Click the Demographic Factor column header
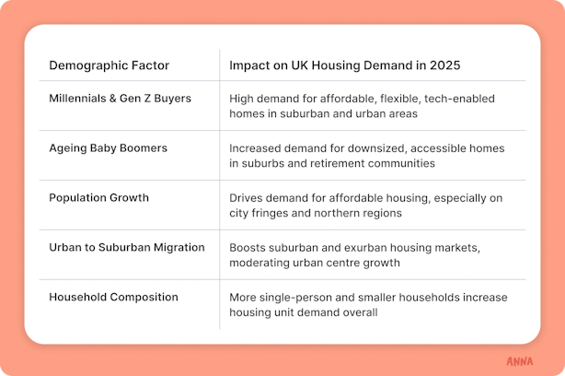(x=109, y=65)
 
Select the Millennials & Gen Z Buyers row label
(x=120, y=99)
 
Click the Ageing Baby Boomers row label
(x=108, y=148)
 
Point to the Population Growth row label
(x=98, y=198)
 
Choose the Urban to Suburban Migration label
(x=127, y=248)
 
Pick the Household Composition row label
(x=113, y=298)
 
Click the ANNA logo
(x=520, y=361)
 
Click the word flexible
(x=400, y=99)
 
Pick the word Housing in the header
(x=336, y=65)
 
